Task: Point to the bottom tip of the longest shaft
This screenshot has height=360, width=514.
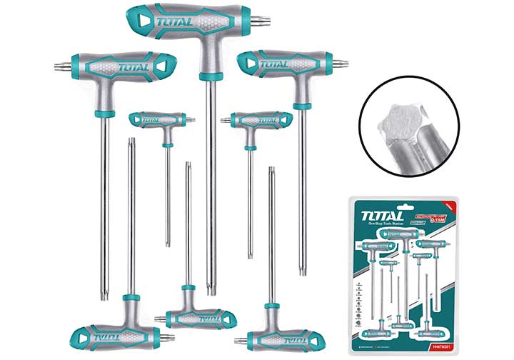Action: coord(211,291)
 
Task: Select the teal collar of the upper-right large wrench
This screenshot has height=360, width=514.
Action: coord(301,106)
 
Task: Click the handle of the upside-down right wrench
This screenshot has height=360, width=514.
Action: coord(272,336)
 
